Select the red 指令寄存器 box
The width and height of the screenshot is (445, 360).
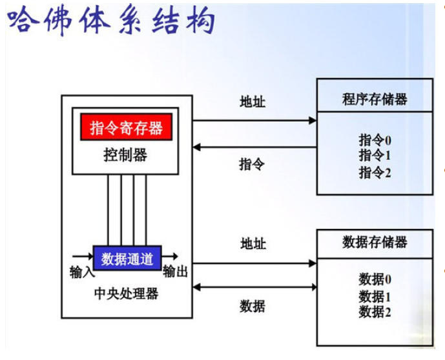click(126, 127)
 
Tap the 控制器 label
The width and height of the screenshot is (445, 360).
click(125, 155)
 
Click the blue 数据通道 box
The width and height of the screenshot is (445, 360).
click(127, 259)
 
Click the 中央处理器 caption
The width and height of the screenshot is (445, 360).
click(126, 294)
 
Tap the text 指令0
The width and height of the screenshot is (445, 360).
click(375, 139)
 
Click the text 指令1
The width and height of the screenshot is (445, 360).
click(375, 155)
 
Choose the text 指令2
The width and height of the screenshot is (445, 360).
click(375, 172)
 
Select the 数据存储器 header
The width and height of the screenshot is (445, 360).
click(375, 243)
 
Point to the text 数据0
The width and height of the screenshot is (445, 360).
click(375, 279)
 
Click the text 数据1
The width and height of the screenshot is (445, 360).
click(375, 296)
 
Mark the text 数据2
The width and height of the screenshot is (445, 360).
click(375, 312)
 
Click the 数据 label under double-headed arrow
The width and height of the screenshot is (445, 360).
click(253, 306)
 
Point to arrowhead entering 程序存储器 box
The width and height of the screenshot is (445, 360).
click(313, 120)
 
